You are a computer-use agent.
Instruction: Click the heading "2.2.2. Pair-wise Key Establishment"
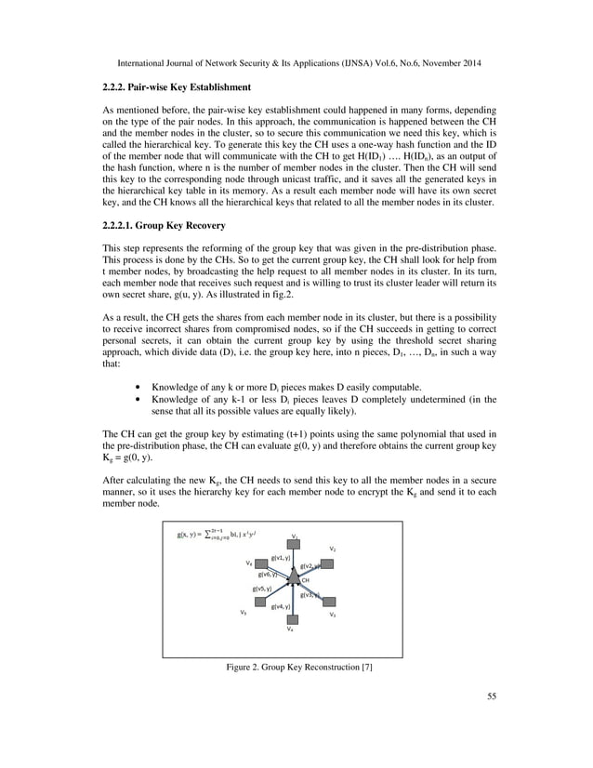[x=176, y=86]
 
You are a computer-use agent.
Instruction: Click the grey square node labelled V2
[x=326, y=563]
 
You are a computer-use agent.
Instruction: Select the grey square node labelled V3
[x=326, y=602]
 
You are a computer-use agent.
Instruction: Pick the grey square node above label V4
[x=292, y=618]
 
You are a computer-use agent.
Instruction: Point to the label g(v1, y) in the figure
[x=281, y=557]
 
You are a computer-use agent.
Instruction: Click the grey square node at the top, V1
[x=294, y=544]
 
